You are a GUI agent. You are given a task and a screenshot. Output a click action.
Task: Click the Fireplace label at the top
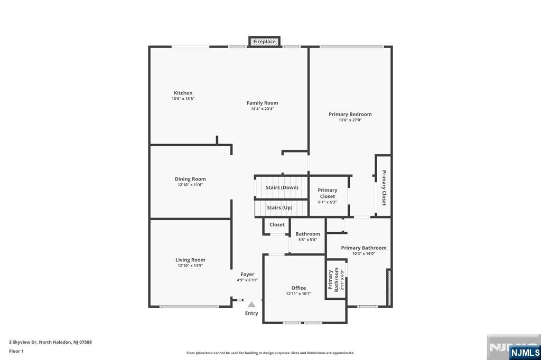click(264, 41)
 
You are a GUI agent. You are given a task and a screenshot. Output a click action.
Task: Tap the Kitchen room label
click(183, 93)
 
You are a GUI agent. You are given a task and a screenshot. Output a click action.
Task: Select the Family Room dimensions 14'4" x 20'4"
click(262, 109)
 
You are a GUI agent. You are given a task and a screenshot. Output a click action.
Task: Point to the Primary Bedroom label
click(350, 114)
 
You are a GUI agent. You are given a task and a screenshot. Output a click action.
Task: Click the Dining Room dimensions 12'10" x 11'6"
click(190, 185)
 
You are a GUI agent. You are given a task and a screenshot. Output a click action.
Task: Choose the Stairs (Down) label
click(282, 187)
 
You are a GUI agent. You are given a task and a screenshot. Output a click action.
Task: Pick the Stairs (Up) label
click(279, 207)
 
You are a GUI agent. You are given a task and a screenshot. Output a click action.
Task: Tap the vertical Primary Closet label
click(384, 187)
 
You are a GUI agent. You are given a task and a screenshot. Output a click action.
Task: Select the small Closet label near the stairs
click(277, 224)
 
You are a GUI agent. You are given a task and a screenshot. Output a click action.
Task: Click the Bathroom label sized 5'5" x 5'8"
click(307, 234)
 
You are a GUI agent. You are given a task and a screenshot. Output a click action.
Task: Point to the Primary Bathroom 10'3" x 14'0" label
click(363, 248)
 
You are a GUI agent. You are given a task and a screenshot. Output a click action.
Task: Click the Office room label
click(299, 288)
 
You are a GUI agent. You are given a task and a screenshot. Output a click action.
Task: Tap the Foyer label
click(247, 274)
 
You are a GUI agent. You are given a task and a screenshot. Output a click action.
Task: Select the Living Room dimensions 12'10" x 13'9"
click(190, 266)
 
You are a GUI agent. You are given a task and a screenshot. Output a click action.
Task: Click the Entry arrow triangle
click(251, 304)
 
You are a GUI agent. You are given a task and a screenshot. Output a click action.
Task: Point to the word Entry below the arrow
click(251, 313)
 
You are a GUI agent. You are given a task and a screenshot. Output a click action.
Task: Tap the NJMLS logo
click(525, 352)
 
